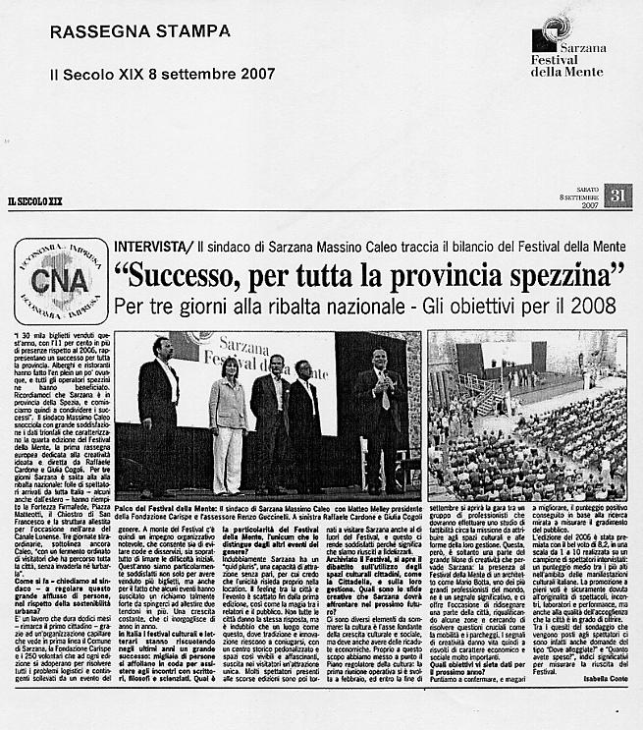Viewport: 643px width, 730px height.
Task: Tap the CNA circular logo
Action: [61, 281]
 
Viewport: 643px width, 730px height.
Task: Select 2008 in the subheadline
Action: [596, 307]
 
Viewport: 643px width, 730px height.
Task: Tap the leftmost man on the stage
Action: [158, 411]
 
